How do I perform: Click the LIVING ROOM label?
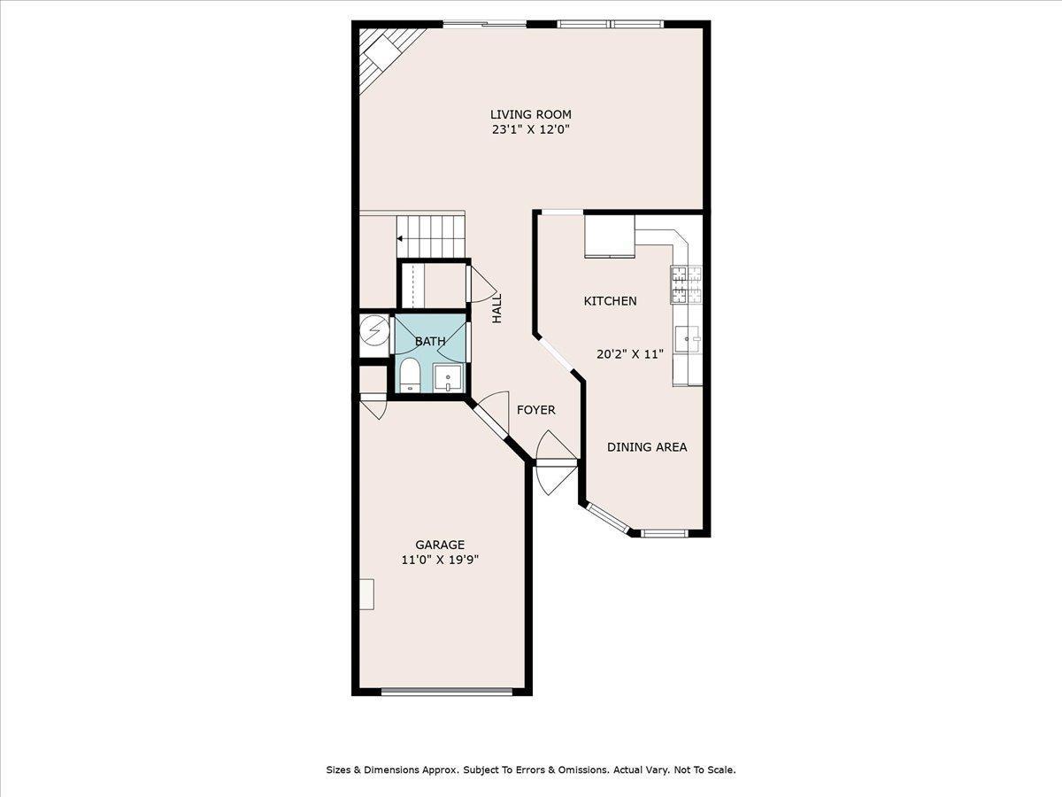pos(531,114)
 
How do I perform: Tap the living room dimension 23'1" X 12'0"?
pos(531,129)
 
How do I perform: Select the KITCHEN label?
pos(610,301)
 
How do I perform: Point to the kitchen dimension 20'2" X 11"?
pos(629,354)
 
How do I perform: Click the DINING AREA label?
pos(647,447)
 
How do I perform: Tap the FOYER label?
pos(536,410)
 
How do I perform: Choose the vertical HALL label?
pos(497,307)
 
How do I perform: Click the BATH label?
pos(430,341)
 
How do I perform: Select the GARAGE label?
pos(440,545)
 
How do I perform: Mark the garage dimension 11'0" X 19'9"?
pos(440,560)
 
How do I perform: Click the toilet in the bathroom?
pos(410,375)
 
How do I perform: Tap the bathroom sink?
pos(449,378)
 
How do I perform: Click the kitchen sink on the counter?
pos(687,337)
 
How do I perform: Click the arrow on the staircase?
pos(401,238)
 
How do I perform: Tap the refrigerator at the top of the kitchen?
pos(609,235)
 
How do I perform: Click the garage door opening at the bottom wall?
pos(447,692)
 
